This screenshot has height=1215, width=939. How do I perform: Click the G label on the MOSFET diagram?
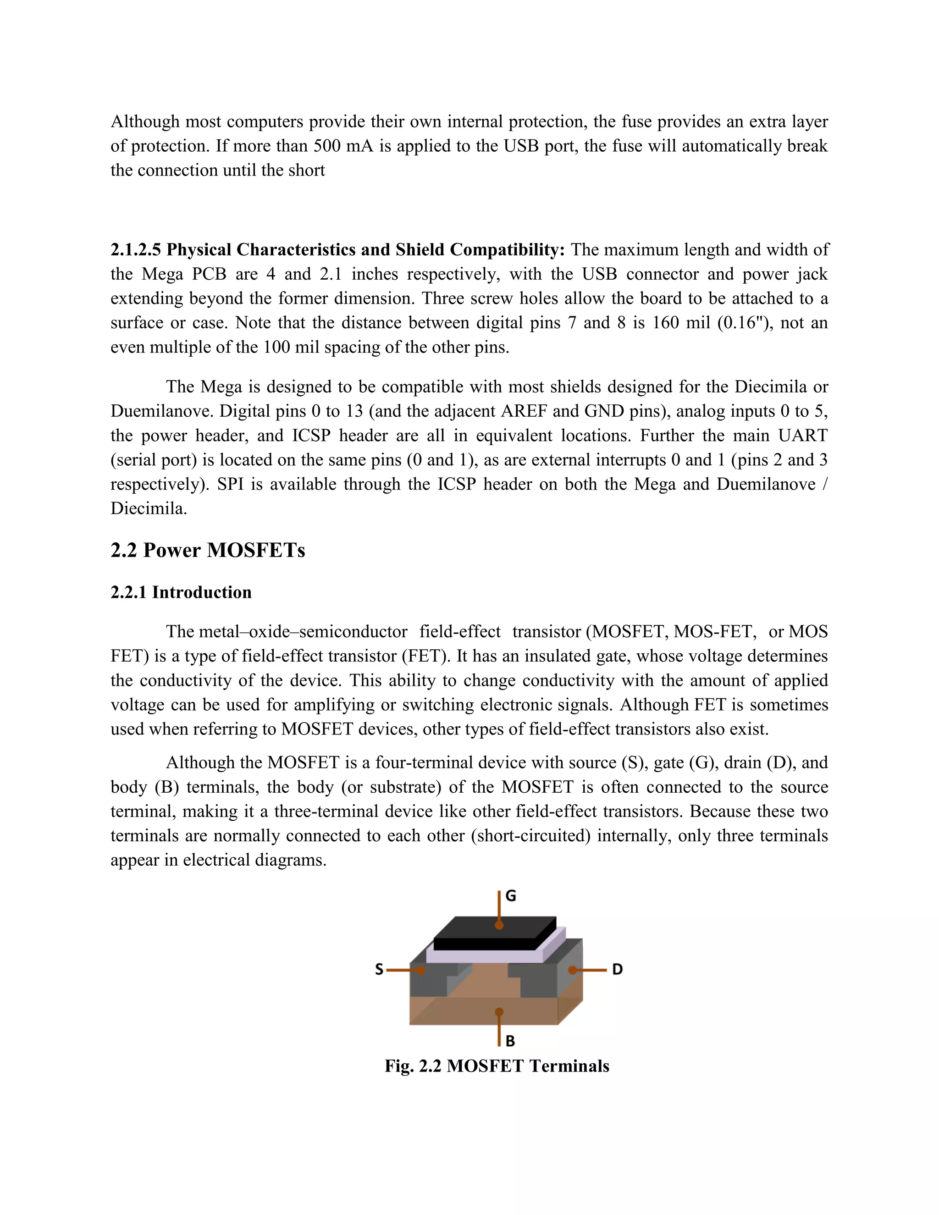tap(511, 896)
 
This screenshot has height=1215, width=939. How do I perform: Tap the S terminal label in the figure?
tap(379, 970)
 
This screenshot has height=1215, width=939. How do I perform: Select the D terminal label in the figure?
tap(618, 969)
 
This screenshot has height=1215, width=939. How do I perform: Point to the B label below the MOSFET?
tap(510, 1040)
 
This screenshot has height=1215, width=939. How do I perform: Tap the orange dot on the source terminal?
tap(421, 970)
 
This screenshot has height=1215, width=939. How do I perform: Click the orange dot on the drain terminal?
tap(572, 970)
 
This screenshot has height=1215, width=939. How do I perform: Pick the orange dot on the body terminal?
tap(499, 1011)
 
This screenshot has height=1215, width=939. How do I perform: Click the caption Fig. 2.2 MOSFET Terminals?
tap(497, 1066)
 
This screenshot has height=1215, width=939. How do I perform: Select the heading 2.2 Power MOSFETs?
tap(208, 550)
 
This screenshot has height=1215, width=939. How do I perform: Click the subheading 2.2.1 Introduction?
tap(181, 592)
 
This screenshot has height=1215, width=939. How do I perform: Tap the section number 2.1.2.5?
tap(136, 250)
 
